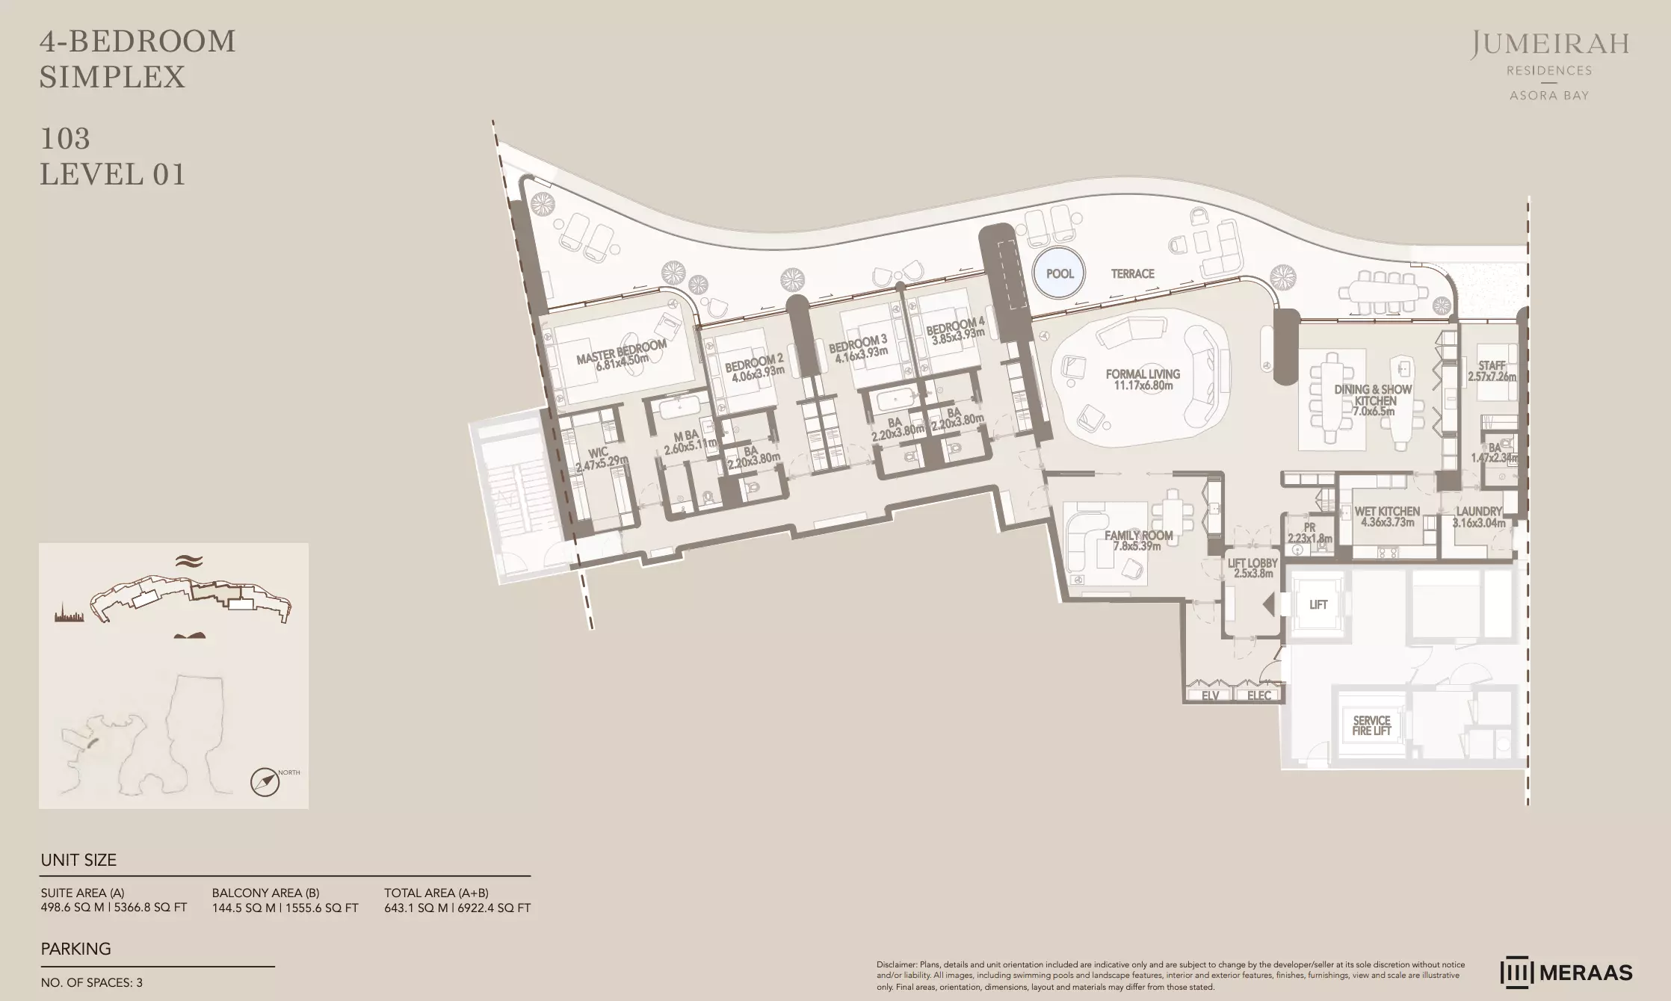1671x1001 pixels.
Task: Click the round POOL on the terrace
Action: [1060, 273]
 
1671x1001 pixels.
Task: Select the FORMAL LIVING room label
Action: [1143, 374]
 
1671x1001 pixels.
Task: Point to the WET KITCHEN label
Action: [1387, 512]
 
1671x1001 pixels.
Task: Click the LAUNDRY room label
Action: [1478, 512]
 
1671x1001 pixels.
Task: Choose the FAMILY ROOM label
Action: [1138, 535]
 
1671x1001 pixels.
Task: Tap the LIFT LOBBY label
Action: [1252, 563]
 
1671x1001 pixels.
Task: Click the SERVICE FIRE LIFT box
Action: [1371, 725]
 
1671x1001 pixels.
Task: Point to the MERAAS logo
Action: [1566, 972]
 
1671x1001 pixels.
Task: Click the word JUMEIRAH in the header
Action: [1550, 45]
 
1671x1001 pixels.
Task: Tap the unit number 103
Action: [65, 138]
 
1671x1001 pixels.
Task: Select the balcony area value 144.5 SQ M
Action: [245, 908]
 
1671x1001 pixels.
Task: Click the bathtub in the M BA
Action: [680, 408]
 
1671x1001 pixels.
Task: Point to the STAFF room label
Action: [1492, 365]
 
